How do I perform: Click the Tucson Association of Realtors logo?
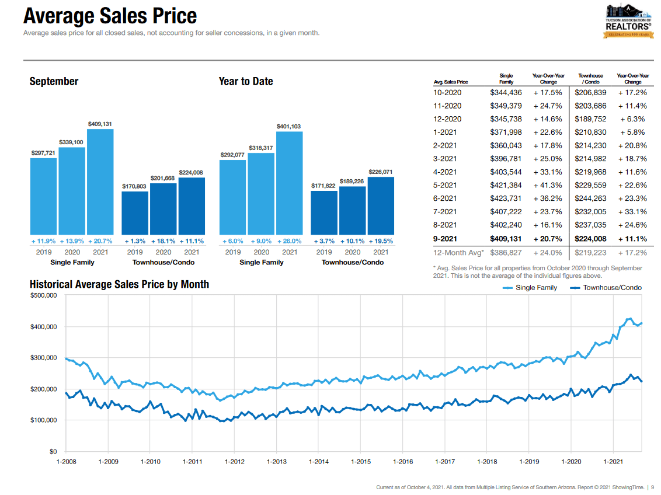pyautogui.click(x=628, y=21)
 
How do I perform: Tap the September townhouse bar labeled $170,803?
pyautogui.click(x=135, y=212)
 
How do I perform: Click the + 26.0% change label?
pyautogui.click(x=290, y=240)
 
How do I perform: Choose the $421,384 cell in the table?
pyautogui.click(x=506, y=185)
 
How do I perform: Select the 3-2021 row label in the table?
pyautogui.click(x=447, y=159)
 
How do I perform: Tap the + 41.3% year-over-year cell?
pyautogui.click(x=548, y=185)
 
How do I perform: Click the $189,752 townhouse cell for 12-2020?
pyautogui.click(x=590, y=119)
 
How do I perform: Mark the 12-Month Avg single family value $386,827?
pyautogui.click(x=506, y=253)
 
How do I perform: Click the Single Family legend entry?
pyautogui.click(x=529, y=287)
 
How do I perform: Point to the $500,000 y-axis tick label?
pyautogui.click(x=43, y=295)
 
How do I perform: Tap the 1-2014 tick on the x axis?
pyautogui.click(x=318, y=462)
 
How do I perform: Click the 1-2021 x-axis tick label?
pyautogui.click(x=613, y=462)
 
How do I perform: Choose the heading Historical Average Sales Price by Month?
pyautogui.click(x=119, y=284)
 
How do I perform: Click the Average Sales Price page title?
pyautogui.click(x=110, y=16)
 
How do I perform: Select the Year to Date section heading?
pyautogui.click(x=246, y=81)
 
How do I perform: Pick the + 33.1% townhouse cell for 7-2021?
pyautogui.click(x=633, y=211)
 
